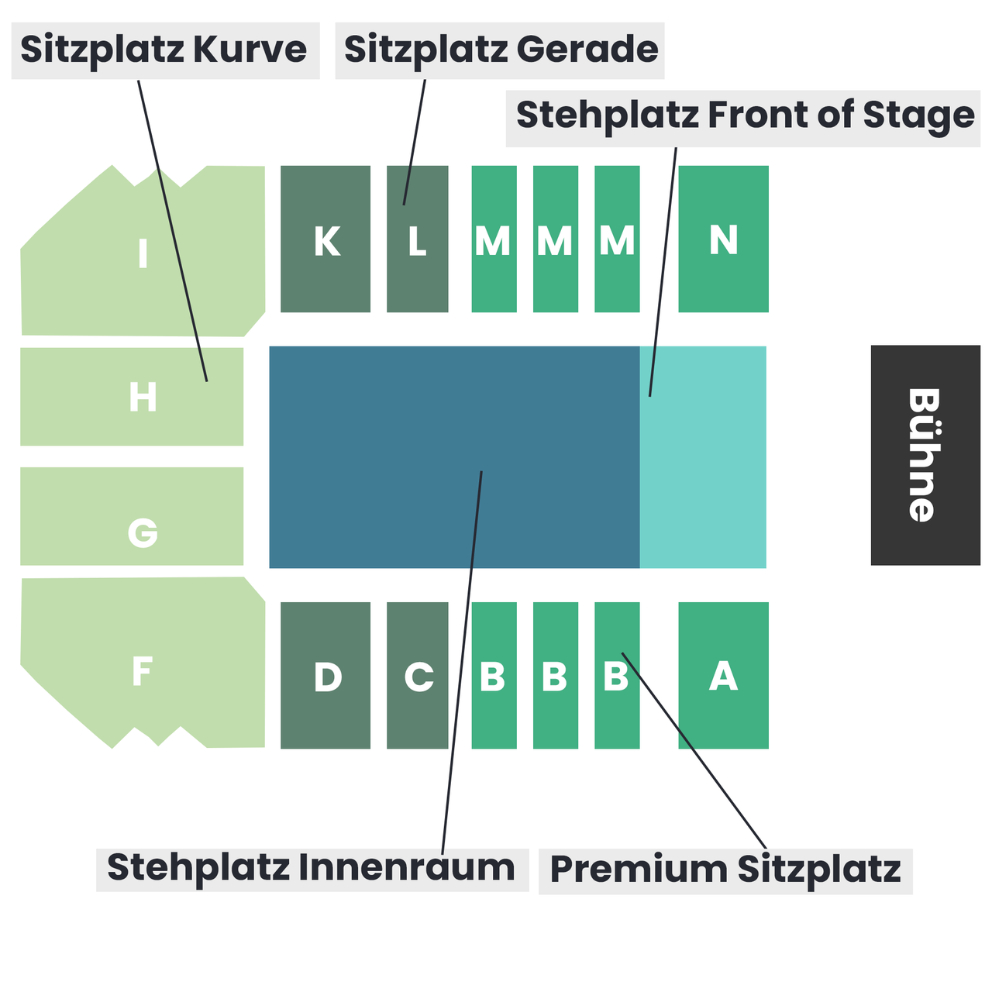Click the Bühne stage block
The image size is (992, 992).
(x=925, y=455)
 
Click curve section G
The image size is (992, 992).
(x=132, y=516)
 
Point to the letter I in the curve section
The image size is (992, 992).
(x=143, y=253)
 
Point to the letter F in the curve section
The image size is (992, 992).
(x=142, y=671)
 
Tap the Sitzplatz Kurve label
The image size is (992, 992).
(x=164, y=50)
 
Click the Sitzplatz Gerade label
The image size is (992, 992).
(x=500, y=50)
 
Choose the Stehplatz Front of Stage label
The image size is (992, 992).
(x=744, y=116)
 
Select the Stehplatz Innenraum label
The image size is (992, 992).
(x=312, y=869)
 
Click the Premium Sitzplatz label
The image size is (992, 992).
(x=725, y=870)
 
